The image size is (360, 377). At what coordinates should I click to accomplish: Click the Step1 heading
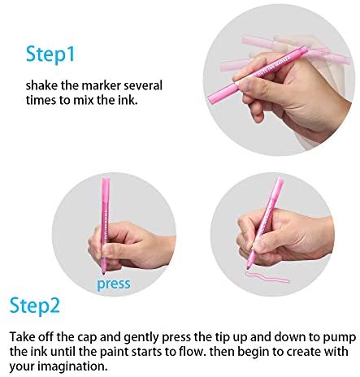click(50, 55)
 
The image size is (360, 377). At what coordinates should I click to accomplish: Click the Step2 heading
click(34, 305)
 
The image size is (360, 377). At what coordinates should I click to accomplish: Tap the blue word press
click(114, 284)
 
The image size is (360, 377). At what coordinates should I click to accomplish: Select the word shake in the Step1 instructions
click(41, 85)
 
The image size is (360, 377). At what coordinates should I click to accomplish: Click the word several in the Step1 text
click(143, 85)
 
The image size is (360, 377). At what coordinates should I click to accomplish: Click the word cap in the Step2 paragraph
click(88, 338)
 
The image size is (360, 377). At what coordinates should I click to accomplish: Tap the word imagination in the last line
click(72, 366)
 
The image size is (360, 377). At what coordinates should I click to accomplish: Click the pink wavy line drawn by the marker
click(267, 277)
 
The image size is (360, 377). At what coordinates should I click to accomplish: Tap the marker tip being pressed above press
click(103, 272)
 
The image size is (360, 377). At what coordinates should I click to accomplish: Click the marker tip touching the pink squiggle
click(248, 267)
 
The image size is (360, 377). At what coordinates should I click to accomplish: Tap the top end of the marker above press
click(106, 179)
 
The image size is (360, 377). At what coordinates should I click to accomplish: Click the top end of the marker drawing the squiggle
click(280, 179)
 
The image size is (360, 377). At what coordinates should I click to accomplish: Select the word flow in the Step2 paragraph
click(190, 352)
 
